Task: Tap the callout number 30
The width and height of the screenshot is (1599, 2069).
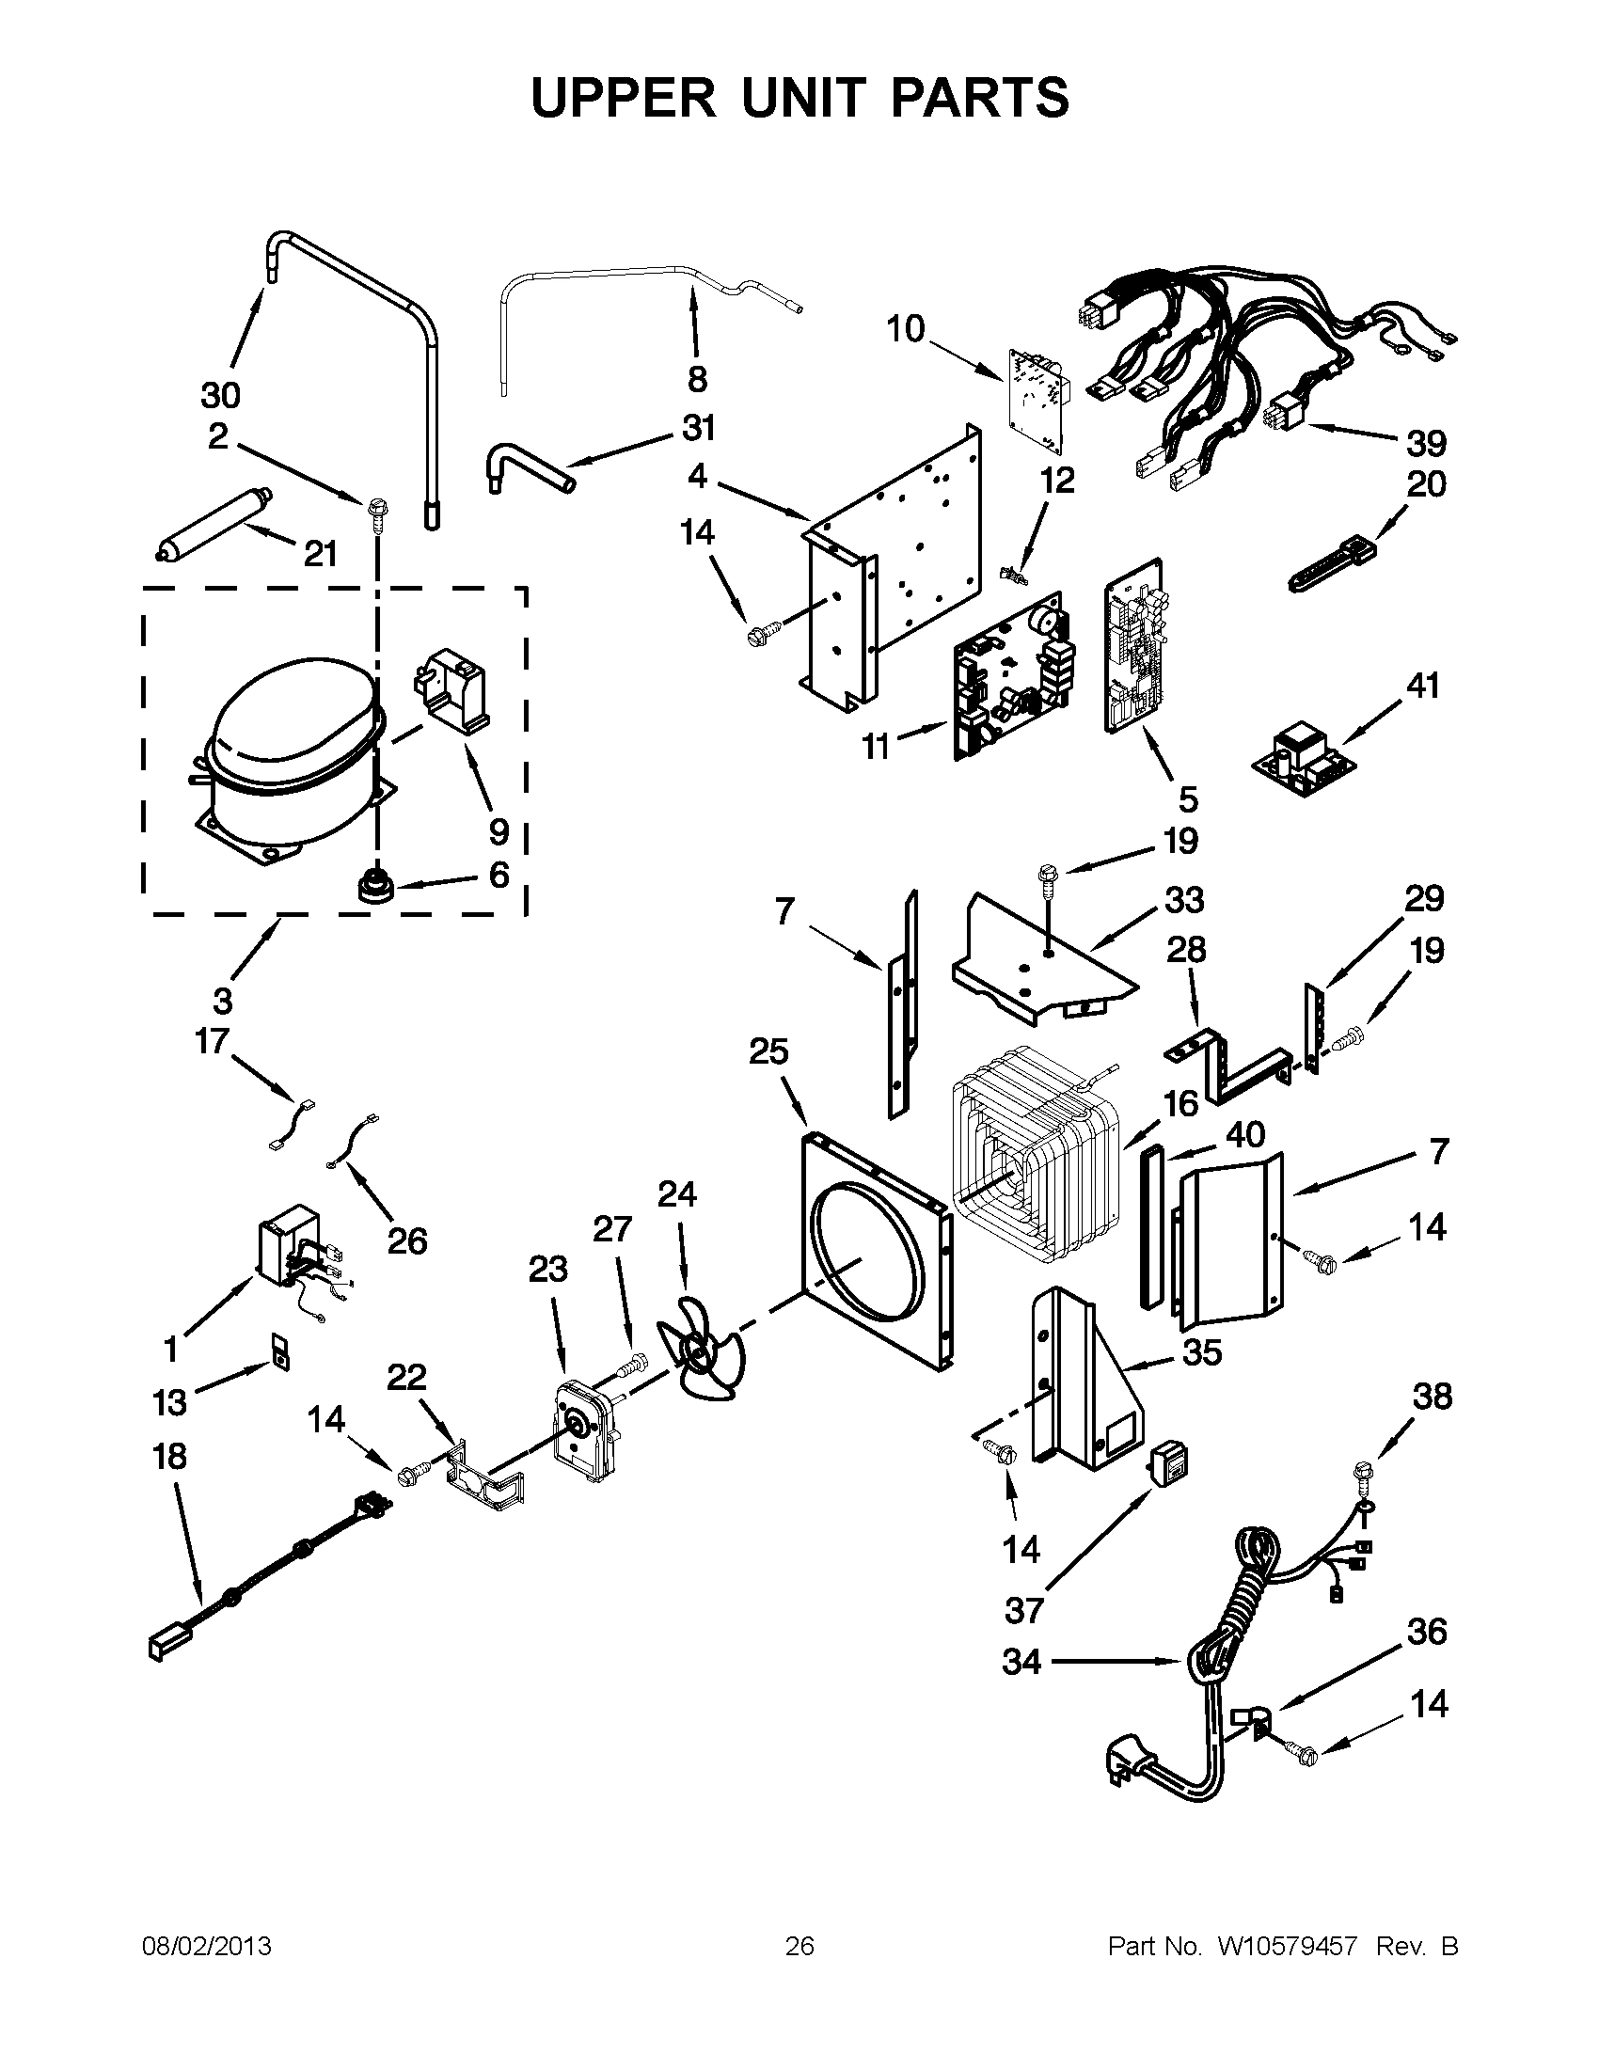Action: coord(220,394)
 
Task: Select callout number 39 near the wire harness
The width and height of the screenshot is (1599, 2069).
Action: coord(1426,442)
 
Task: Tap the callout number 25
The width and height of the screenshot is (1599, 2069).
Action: coord(768,1051)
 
